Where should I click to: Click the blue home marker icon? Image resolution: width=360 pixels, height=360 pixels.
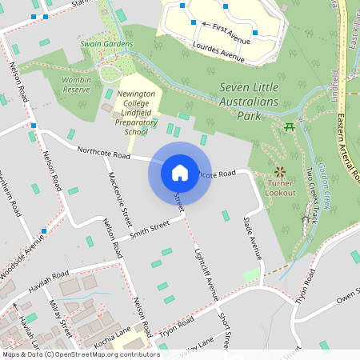click(179, 172)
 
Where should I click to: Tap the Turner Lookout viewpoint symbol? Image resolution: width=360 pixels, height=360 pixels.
click(280, 171)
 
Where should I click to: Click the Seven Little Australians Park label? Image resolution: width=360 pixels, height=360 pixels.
click(258, 100)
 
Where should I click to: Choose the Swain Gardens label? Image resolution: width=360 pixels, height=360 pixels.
click(106, 44)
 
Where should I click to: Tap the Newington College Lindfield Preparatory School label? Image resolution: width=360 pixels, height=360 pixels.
click(137, 112)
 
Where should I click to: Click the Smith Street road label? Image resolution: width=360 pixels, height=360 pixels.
click(150, 230)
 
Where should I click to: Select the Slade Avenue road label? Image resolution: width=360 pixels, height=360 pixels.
click(252, 237)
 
